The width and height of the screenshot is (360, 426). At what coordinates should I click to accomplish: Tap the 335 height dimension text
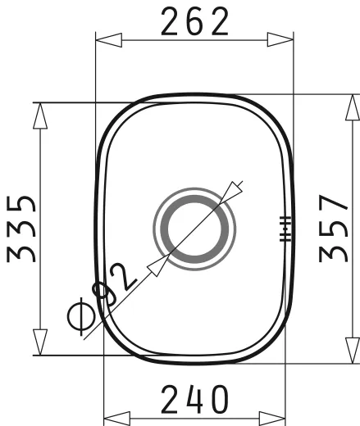(22, 229)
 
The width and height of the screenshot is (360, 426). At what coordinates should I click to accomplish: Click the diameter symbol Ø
(83, 316)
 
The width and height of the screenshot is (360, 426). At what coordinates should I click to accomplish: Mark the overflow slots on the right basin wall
(285, 229)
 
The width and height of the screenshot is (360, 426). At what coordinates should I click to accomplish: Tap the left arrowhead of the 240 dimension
(116, 417)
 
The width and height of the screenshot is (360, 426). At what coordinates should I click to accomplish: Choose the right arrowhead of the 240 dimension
(274, 417)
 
